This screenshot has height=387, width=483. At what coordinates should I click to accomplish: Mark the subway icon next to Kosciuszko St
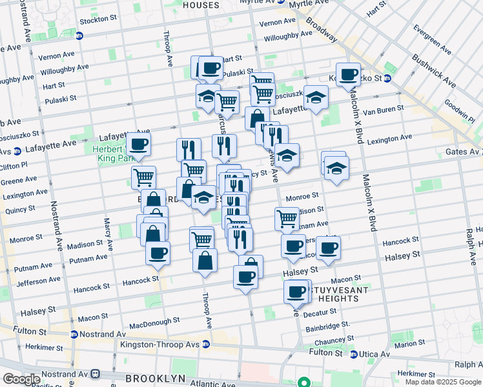(x=387, y=79)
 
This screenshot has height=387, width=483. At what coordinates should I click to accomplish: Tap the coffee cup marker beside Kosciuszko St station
(x=348, y=75)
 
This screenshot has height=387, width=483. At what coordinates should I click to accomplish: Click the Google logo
(x=21, y=379)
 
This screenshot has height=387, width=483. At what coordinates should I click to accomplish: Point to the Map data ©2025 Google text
(x=443, y=382)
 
